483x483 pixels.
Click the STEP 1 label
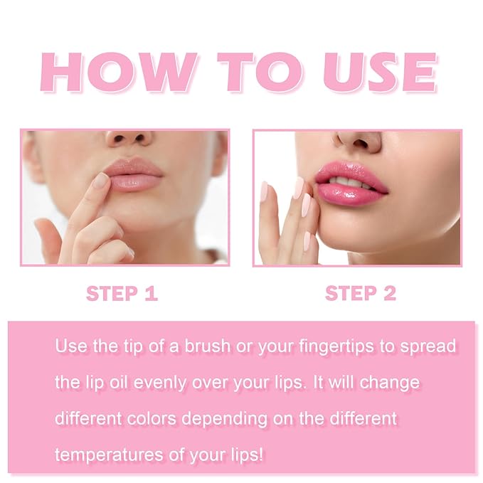point(122,294)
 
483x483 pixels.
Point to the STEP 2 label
point(360,294)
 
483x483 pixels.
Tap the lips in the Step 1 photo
point(135,176)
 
